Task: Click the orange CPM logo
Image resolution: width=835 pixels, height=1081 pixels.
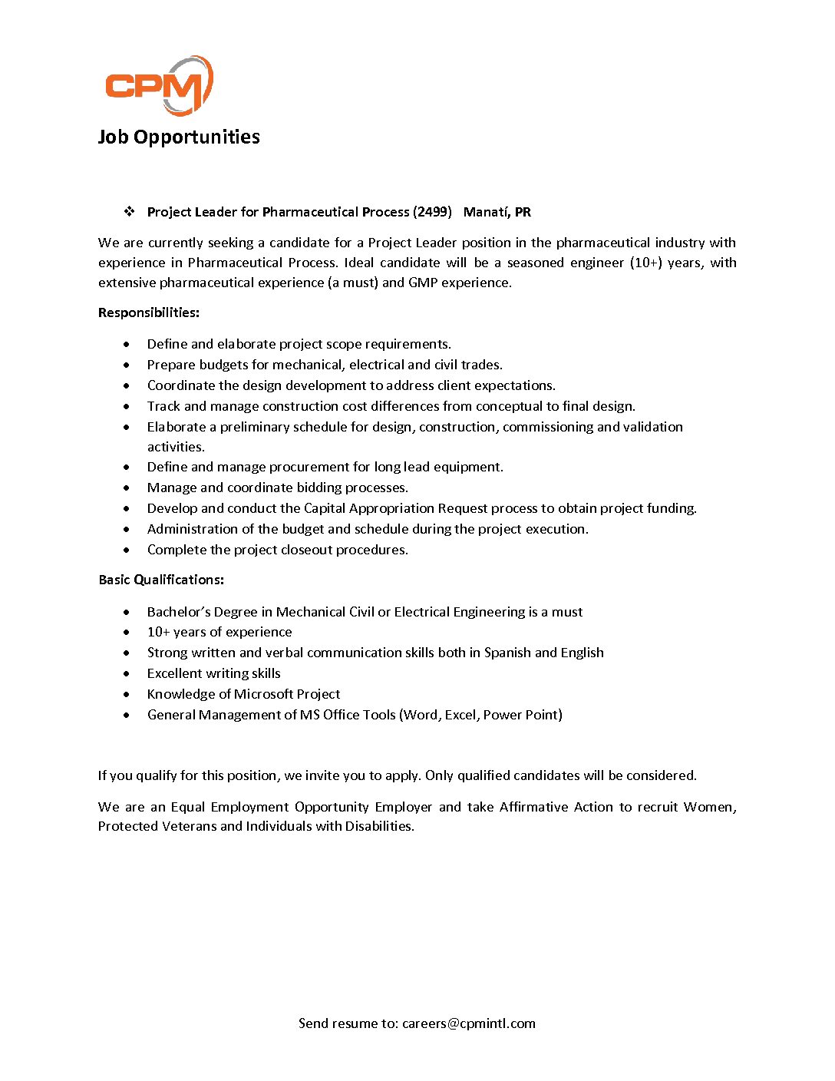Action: (x=158, y=84)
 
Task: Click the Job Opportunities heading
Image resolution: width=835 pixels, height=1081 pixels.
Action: (x=179, y=137)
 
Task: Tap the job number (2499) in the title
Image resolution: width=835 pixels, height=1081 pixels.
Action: (x=432, y=212)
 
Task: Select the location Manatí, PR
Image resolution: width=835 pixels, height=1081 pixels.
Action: (x=497, y=212)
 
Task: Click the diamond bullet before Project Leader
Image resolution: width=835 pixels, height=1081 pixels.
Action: (x=129, y=211)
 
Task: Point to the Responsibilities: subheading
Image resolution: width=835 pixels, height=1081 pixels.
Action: (x=149, y=312)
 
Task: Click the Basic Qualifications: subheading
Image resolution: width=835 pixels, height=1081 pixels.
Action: (x=161, y=580)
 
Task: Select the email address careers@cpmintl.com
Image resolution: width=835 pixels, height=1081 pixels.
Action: (x=468, y=1023)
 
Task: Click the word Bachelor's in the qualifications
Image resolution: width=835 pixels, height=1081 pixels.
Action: (x=179, y=612)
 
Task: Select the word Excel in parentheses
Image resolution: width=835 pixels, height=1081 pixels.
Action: (x=460, y=715)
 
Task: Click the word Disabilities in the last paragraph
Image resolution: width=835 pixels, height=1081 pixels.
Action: (x=379, y=826)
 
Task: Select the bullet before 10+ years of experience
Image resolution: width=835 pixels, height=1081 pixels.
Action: (x=127, y=633)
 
